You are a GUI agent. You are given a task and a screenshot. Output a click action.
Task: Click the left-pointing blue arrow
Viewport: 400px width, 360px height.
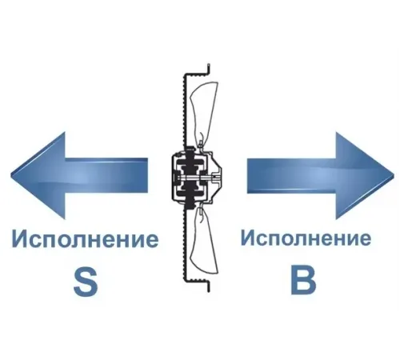[x=79, y=176]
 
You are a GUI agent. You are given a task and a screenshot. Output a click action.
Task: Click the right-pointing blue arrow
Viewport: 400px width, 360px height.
[x=320, y=176]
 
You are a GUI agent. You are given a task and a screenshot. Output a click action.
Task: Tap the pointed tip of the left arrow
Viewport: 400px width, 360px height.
[x=11, y=176]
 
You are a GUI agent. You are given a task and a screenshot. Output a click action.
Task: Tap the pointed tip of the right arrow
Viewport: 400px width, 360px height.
[x=394, y=176]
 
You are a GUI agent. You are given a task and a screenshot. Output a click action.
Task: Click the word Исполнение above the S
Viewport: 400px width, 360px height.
[x=85, y=239]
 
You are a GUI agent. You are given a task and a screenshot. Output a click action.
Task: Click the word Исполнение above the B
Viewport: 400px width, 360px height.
[x=306, y=238]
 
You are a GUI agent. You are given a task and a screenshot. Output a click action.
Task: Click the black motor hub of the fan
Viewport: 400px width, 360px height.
[x=190, y=176]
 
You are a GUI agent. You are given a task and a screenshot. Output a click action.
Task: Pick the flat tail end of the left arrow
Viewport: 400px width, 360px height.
[x=147, y=175]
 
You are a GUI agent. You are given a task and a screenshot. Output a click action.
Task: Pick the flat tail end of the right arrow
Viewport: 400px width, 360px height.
[x=248, y=175]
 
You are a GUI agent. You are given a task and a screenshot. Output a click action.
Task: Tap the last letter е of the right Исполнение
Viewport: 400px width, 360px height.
[x=364, y=239]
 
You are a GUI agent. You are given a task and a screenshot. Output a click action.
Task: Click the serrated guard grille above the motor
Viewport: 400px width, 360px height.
[x=184, y=110]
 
